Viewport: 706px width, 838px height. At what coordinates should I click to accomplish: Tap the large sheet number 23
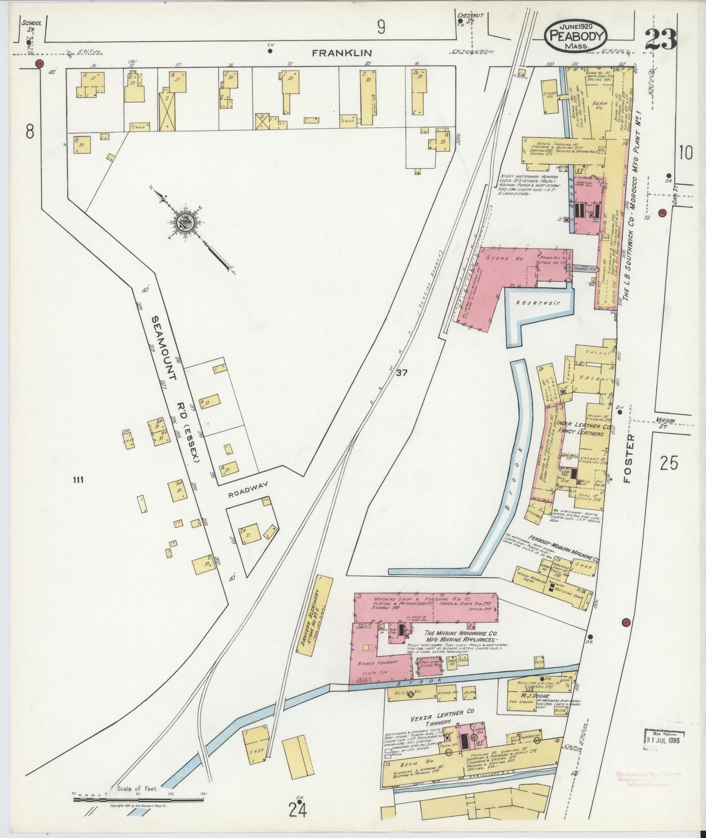click(660, 39)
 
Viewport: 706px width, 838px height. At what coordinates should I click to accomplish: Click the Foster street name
click(630, 458)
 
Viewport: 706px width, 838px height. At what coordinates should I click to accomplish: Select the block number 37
click(402, 373)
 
